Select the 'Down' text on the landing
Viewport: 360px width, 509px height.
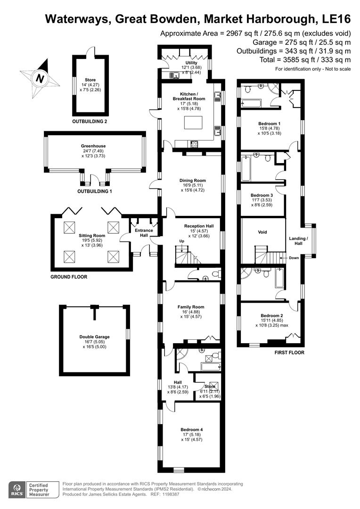coord(294,258)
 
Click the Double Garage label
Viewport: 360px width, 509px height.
coord(94,337)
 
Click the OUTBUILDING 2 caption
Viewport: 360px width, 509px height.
coord(90,121)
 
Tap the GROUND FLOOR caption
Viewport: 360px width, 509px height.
coord(69,277)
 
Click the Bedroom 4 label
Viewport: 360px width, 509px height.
coord(192,429)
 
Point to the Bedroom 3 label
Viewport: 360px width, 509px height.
coord(262,195)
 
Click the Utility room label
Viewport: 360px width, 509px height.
coord(191,63)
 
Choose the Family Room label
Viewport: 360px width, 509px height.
coord(191,307)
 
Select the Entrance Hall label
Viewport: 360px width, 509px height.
coord(144,232)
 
